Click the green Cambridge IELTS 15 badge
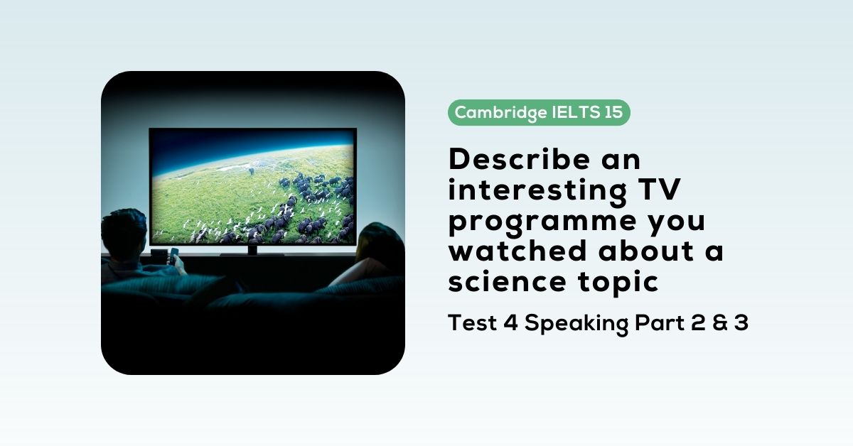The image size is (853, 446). [539, 112]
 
